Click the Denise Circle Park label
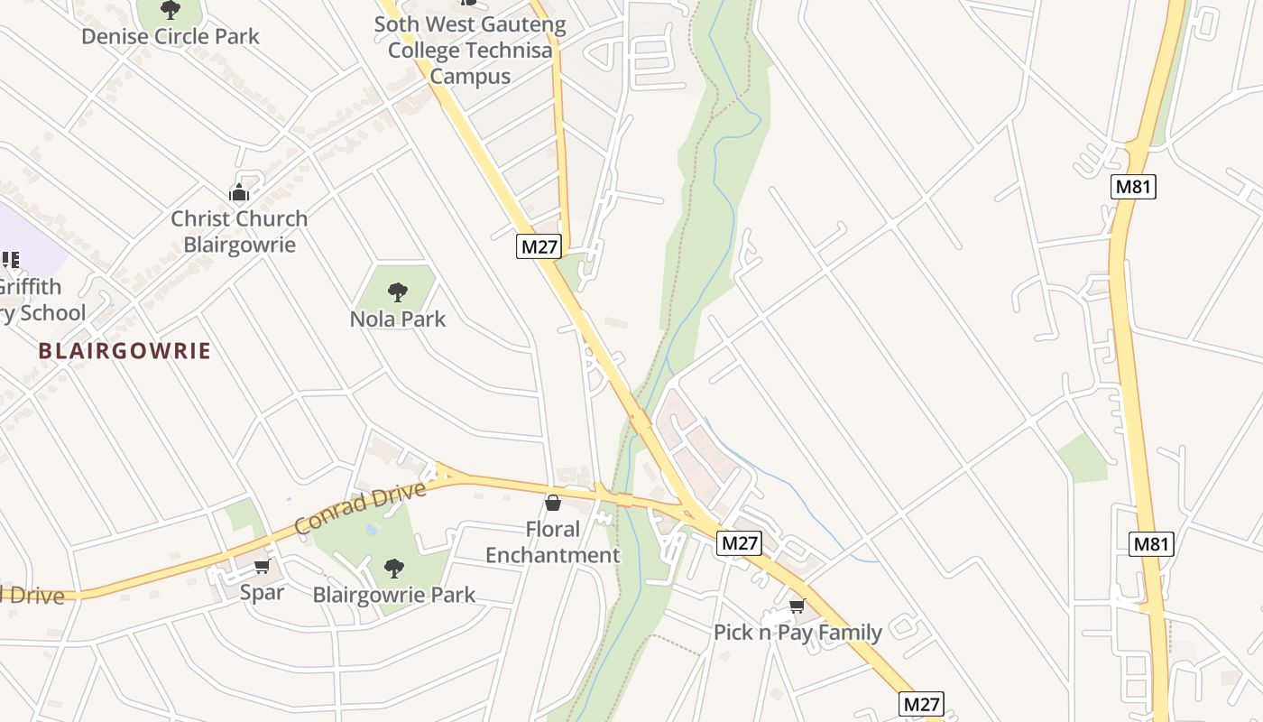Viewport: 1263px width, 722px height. click(x=170, y=37)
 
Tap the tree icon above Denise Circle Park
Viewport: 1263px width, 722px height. click(x=170, y=10)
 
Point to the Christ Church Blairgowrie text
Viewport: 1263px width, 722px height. click(x=239, y=231)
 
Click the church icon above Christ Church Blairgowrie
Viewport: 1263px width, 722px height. click(x=239, y=192)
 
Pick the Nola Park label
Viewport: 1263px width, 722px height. click(x=398, y=319)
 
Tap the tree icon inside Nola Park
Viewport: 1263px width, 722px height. click(x=397, y=292)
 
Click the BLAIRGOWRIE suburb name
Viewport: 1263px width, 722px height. click(x=124, y=351)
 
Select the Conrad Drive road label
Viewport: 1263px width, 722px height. click(x=359, y=508)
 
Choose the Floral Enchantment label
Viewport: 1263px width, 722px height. click(x=553, y=541)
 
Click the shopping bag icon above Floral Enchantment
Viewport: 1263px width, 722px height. click(x=553, y=503)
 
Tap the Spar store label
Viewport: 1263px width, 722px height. click(x=262, y=592)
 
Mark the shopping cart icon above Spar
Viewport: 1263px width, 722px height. click(x=262, y=566)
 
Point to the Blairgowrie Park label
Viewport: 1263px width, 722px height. click(x=393, y=595)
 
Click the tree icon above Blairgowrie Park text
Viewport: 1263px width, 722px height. click(x=393, y=568)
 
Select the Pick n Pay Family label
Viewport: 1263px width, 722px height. click(x=797, y=632)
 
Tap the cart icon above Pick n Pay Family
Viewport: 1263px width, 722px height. click(x=797, y=606)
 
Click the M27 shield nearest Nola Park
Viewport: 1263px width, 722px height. click(x=539, y=246)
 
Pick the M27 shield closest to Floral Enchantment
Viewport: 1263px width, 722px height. click(x=740, y=542)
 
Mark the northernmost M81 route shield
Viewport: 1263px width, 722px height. click(x=1133, y=187)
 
